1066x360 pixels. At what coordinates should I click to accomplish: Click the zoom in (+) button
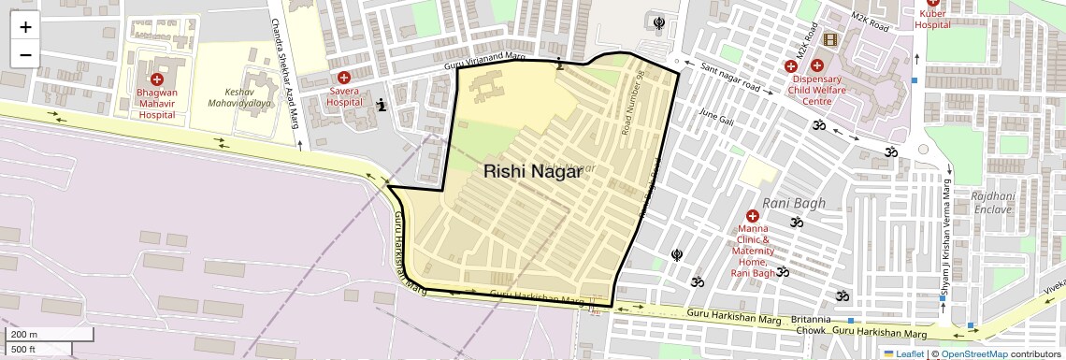(25, 26)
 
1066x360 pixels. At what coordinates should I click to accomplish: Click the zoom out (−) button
(25, 54)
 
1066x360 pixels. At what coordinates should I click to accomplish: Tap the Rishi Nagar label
(526, 171)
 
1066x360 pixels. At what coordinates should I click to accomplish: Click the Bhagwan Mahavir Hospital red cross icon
(157, 79)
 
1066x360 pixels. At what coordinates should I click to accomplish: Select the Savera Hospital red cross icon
(344, 78)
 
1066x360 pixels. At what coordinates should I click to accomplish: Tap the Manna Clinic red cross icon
(752, 216)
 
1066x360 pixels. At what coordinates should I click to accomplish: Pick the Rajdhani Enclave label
(992, 203)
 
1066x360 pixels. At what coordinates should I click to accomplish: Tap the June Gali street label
(717, 119)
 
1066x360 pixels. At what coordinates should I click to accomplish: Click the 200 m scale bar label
(23, 335)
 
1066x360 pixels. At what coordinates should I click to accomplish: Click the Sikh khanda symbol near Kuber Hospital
(660, 22)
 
